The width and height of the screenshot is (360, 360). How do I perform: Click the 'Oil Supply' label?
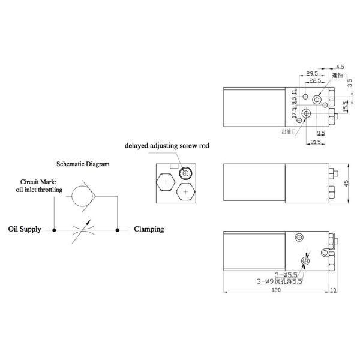point(25,229)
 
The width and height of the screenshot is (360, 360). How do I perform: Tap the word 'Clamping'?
point(149,229)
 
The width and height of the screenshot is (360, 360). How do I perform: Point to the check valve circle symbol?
point(80,196)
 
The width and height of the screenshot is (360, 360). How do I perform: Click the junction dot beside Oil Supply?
point(55,229)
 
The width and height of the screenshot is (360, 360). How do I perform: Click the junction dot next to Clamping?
point(118,229)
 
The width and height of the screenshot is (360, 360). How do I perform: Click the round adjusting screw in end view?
point(186,173)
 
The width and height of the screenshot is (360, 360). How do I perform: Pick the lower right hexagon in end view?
point(187,191)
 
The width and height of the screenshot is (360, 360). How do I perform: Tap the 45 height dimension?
point(346,182)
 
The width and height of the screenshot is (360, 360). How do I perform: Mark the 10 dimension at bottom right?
point(335,289)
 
